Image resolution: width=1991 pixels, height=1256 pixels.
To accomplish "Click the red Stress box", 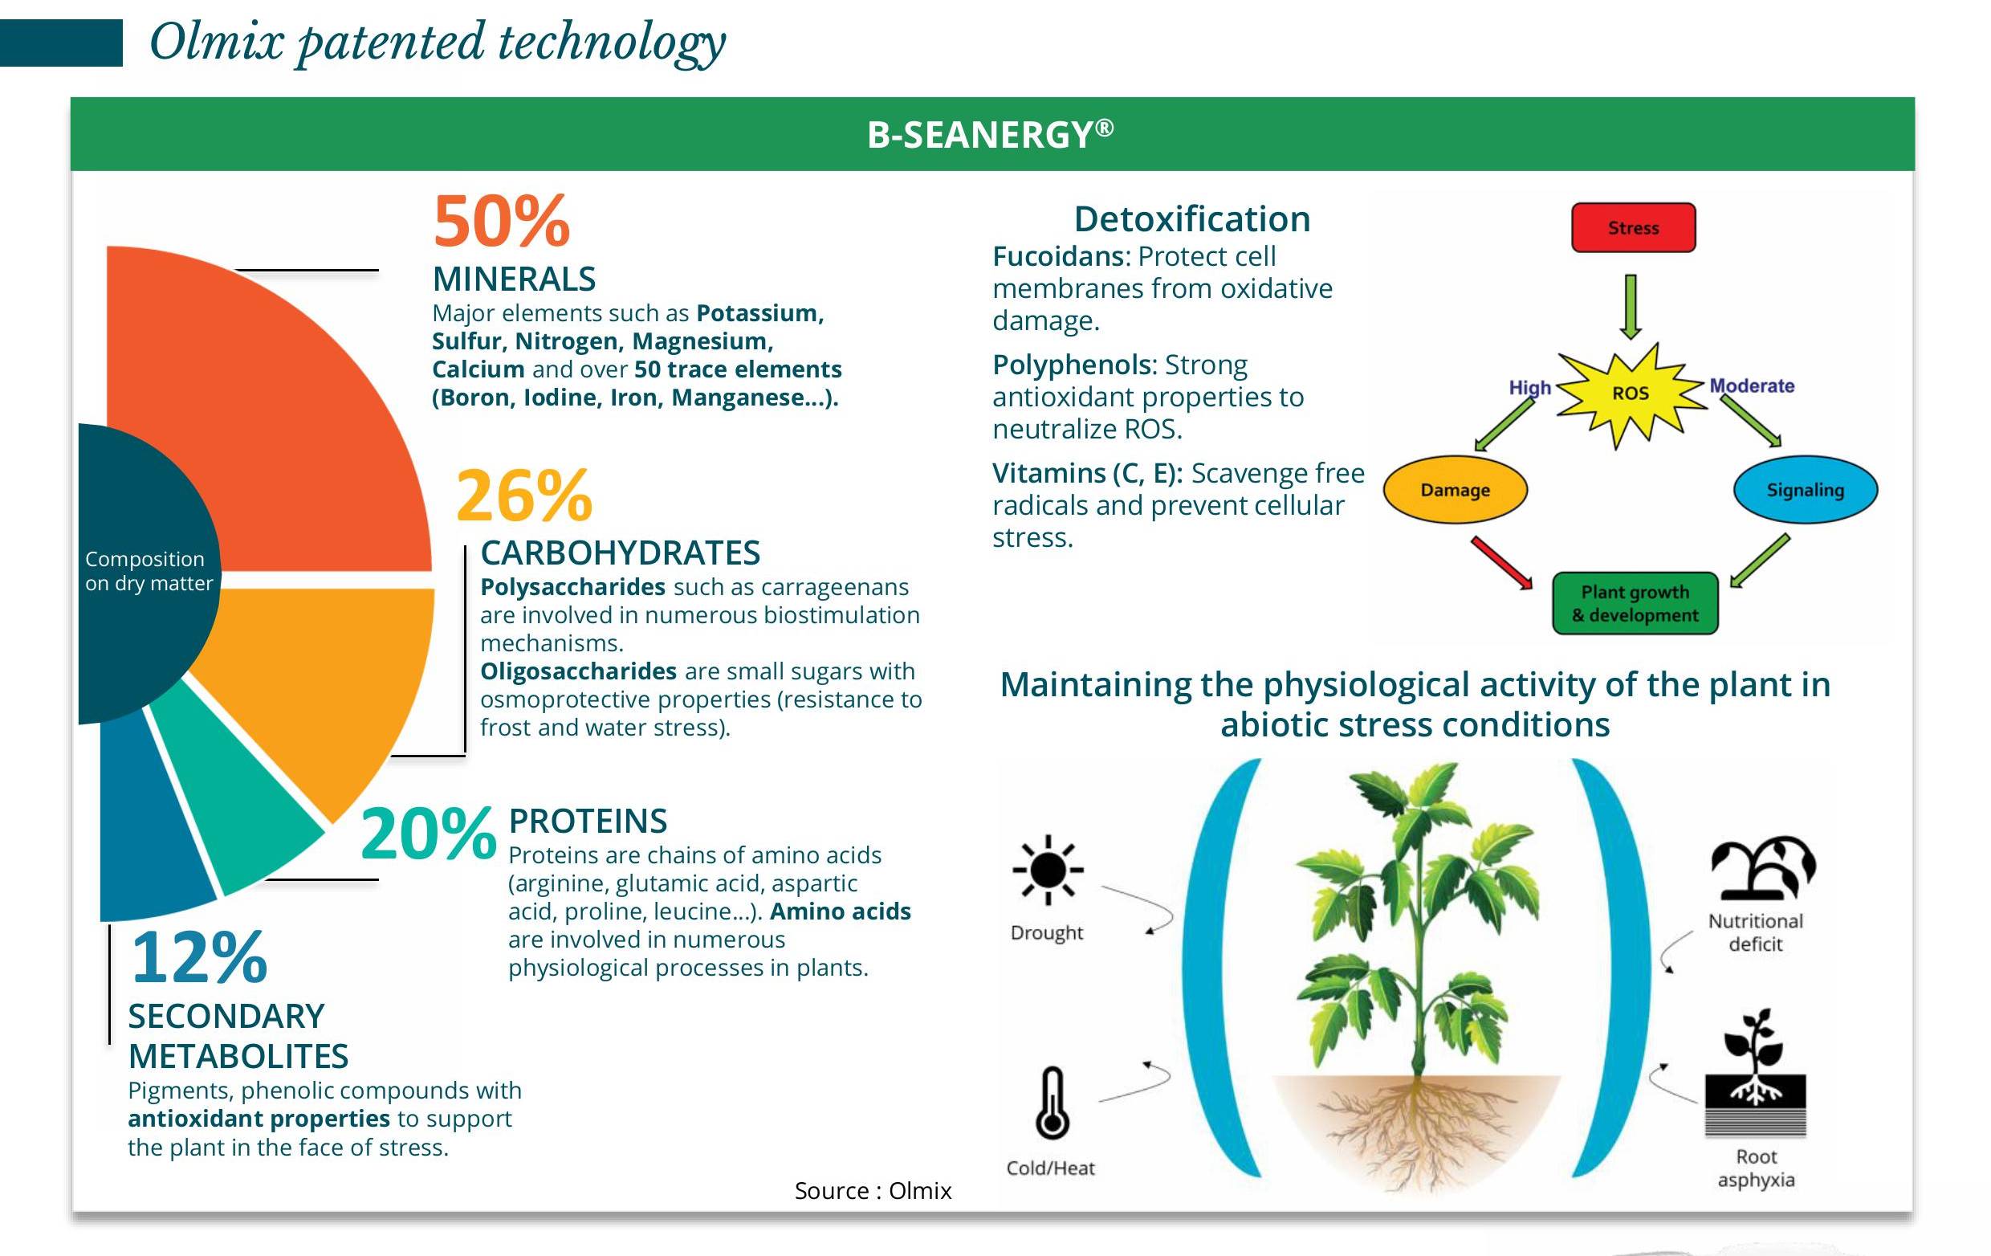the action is pos(1633,227).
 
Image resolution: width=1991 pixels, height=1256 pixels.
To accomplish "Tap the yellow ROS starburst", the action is pos(1631,394).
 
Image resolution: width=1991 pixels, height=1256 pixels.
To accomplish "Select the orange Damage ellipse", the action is pos(1456,490).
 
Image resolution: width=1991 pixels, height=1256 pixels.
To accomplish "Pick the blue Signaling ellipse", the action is pos(1805,490).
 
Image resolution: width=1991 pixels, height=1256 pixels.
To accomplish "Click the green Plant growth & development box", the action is pos(1635,604).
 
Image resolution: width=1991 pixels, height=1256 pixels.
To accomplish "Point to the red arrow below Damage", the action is pos(1500,563).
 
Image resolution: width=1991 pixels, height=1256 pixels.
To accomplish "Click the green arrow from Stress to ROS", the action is pos(1631,307).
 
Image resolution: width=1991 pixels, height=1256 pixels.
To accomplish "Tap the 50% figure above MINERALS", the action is pos(502,222).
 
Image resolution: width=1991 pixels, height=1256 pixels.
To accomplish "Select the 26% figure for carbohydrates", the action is pos(524,496).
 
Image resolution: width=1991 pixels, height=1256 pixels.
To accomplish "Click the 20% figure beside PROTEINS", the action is pos(428,834).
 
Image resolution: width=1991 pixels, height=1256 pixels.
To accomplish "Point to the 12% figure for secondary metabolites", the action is pos(199,957).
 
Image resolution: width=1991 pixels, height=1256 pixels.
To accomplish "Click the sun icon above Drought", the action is pos(1048,870).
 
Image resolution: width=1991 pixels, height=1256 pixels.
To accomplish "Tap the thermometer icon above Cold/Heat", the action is pos(1052,1102).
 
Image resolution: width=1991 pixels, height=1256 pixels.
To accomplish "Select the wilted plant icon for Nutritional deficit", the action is pos(1762,867).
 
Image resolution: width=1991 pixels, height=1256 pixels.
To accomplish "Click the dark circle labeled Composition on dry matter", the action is pos(145,573).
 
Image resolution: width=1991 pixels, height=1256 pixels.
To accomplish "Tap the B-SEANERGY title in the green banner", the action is pos(991,134).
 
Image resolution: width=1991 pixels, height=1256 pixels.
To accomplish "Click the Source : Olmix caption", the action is pos(873,1191).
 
